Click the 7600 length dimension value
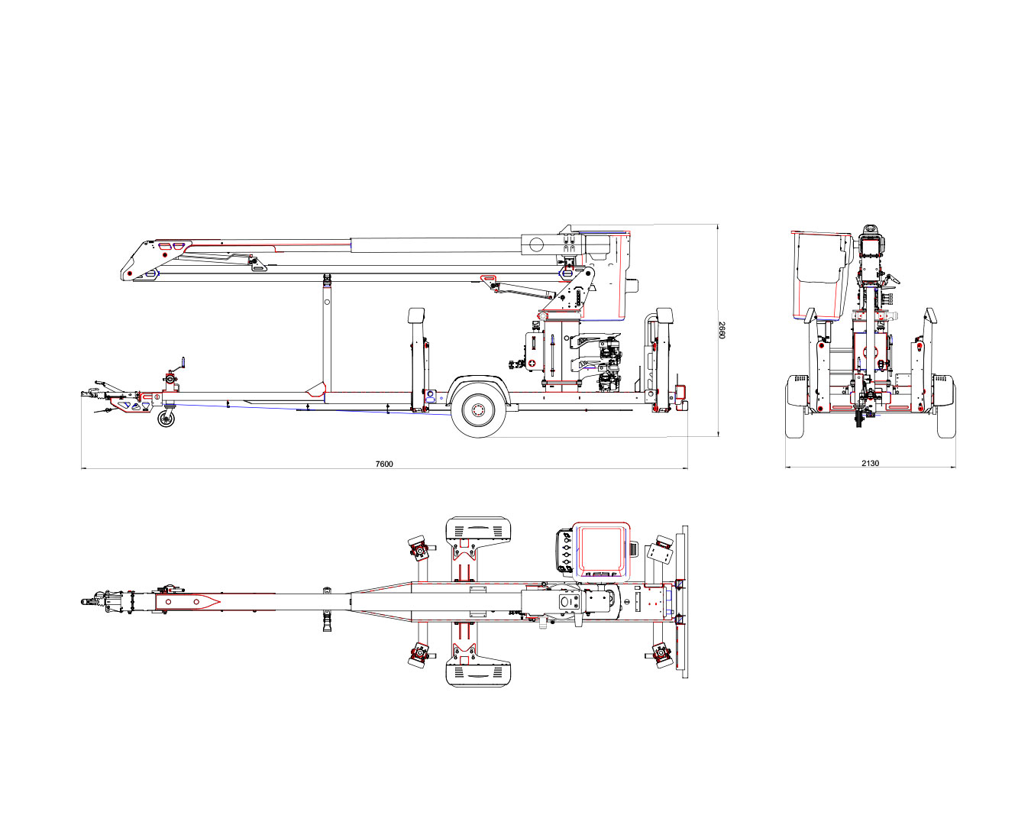383,464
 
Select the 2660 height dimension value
722,330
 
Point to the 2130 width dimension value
870,463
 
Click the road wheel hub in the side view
478,410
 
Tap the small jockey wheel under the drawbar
166,419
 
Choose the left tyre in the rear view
794,406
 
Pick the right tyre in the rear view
946,406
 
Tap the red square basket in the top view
601,549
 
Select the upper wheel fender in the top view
477,529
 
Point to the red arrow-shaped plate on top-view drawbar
187,602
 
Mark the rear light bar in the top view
684,602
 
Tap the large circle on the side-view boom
537,244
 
